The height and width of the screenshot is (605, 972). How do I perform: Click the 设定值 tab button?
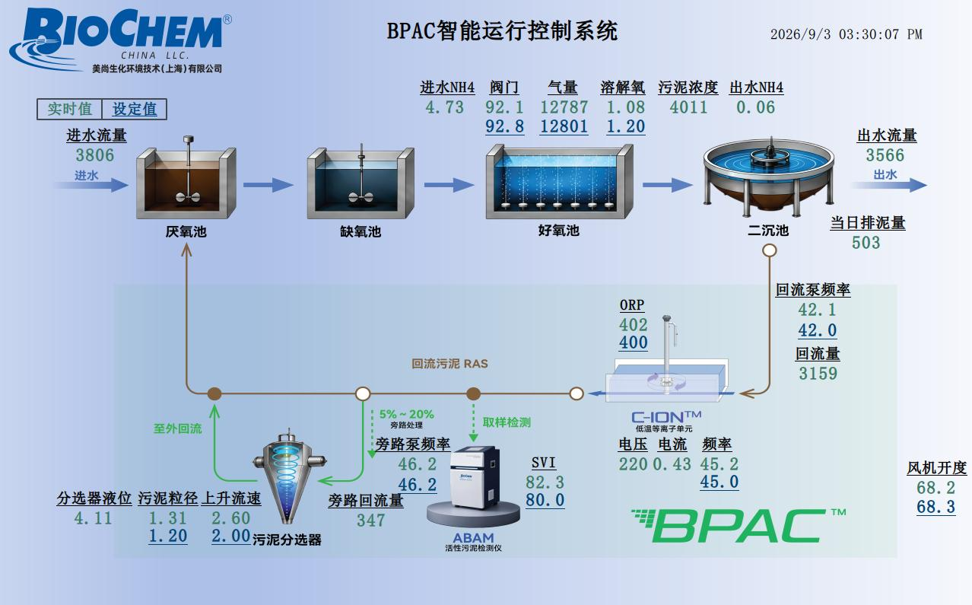coord(134,109)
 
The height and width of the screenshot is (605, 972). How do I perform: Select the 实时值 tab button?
coord(69,109)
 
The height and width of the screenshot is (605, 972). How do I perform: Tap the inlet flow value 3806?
coord(95,155)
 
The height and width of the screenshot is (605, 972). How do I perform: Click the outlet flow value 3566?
coord(885,155)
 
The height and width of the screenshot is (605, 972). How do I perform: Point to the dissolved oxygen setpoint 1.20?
coord(626,126)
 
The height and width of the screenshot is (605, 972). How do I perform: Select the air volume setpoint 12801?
coord(564,126)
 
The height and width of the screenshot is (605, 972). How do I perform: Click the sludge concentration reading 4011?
coord(688,107)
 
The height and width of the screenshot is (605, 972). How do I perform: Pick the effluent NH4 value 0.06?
coord(755,107)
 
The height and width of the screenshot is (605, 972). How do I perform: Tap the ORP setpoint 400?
coord(634,342)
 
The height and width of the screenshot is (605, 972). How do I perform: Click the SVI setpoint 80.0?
coord(545,500)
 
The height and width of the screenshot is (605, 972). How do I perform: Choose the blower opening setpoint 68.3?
coord(936,507)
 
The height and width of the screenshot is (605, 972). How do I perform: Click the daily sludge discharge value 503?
coord(866,243)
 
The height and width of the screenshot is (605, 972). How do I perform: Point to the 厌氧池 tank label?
coord(186,231)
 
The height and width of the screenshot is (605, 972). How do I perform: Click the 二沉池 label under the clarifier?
coord(768,230)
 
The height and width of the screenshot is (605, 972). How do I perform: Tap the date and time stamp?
coord(847,34)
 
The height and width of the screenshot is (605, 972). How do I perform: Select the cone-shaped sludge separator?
coord(290,476)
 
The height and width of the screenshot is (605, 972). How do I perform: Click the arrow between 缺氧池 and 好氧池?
coord(449,185)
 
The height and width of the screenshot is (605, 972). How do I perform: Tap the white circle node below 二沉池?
coord(770,250)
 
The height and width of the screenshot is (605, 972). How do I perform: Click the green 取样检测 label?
coord(507,422)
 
